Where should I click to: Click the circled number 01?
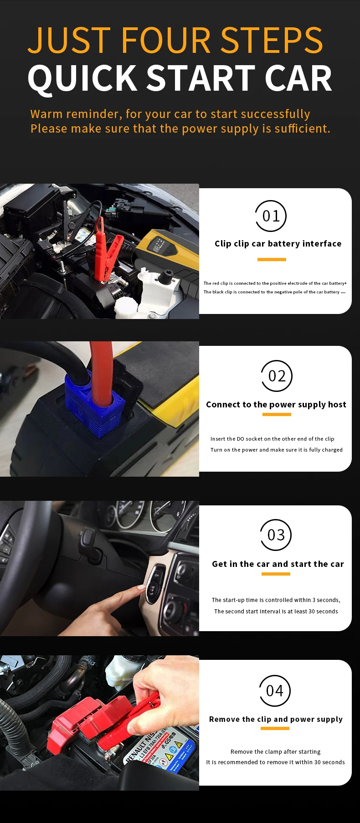coord(271,216)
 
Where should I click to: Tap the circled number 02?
coord(277,376)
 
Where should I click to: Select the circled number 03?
coord(276,535)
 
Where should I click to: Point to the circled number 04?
coord(275,691)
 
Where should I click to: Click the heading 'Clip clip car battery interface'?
coord(278,244)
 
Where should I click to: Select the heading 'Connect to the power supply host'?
coord(276,405)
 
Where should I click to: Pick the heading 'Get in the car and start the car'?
coord(278,564)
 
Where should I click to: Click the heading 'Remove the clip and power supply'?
coord(276,720)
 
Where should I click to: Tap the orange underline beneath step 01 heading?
coord(272,259)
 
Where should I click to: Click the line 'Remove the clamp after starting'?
coord(275,752)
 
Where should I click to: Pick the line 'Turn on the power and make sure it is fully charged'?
coord(277,450)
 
